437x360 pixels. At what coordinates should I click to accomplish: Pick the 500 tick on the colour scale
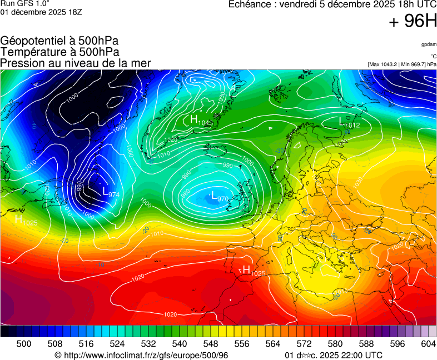[x=24, y=344]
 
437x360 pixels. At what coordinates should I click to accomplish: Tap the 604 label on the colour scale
[x=428, y=344]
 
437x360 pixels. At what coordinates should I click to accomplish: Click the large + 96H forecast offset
[x=413, y=22]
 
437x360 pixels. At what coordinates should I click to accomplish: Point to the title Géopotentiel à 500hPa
[x=59, y=41]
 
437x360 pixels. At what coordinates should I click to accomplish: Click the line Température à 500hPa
[x=59, y=52]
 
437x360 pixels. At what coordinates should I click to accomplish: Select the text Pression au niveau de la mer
[x=76, y=63]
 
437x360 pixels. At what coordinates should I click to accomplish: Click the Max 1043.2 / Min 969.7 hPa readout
[x=402, y=64]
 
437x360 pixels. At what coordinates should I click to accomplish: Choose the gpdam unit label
[x=429, y=44]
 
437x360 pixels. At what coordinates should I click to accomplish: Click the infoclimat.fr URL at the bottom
[x=142, y=355]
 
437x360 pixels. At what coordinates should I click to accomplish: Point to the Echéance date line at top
[x=332, y=4]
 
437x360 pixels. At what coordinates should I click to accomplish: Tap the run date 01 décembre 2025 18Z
[x=41, y=12]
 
